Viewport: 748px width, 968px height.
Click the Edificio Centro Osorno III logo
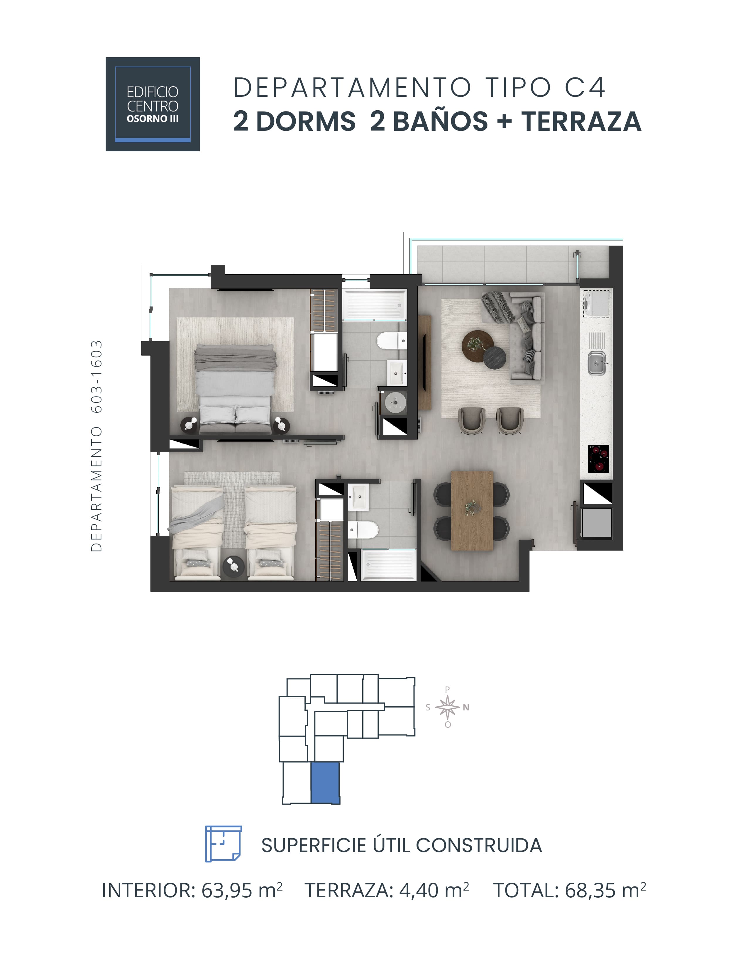coord(153,104)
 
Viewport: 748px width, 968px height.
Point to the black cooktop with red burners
coord(598,459)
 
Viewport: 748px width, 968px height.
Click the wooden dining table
coord(472,511)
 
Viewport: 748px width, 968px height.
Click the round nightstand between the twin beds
coord(233,566)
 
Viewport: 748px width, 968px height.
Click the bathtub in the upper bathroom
coord(375,305)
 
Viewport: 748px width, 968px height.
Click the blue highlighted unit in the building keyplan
coord(325,783)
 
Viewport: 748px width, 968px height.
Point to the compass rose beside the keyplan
coord(448,707)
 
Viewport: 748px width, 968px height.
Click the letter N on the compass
coord(466,708)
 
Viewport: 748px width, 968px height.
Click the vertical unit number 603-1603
coord(97,376)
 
